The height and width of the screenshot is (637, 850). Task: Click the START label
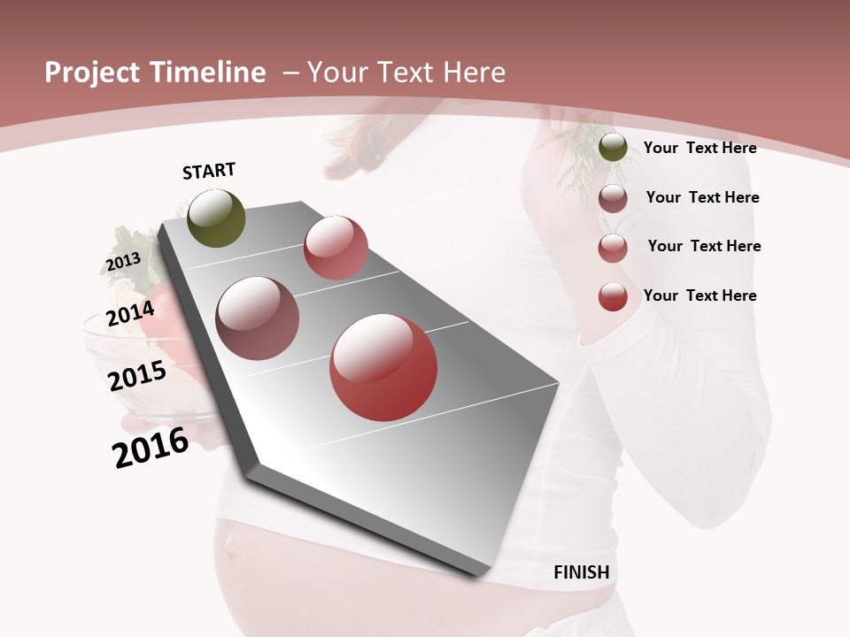(x=209, y=171)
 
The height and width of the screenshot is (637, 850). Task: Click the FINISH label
(x=581, y=572)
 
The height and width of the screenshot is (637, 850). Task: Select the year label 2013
(x=123, y=262)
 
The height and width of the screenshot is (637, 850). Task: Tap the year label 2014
(x=130, y=313)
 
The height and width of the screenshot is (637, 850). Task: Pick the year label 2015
(x=137, y=376)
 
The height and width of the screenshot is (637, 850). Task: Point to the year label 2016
(x=151, y=448)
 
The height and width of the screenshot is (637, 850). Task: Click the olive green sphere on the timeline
(x=217, y=219)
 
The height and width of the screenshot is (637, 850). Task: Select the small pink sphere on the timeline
(x=336, y=248)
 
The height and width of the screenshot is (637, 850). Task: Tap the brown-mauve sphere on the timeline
(x=258, y=318)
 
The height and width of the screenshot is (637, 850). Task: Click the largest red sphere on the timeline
(x=383, y=367)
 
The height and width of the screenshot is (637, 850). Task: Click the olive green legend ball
(x=613, y=148)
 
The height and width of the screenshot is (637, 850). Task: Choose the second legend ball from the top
(x=613, y=198)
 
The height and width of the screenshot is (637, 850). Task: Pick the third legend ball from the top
(x=613, y=248)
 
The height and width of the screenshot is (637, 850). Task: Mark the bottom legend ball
(x=613, y=296)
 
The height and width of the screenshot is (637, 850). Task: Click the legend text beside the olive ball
(x=699, y=148)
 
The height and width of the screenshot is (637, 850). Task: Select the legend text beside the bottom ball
(x=699, y=295)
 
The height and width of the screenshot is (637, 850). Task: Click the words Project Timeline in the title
(x=155, y=73)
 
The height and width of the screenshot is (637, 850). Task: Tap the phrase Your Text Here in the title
(x=406, y=73)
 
